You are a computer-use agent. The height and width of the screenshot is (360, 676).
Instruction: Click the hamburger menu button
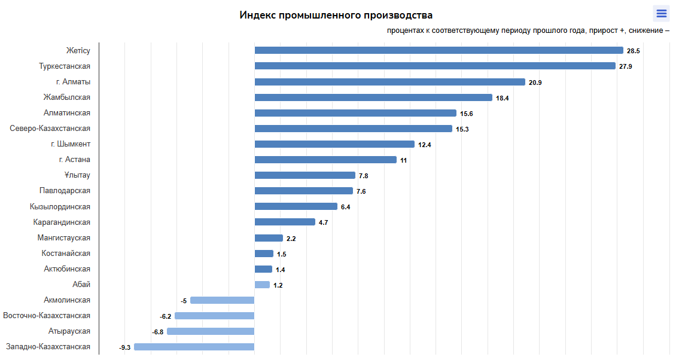pyautogui.click(x=661, y=14)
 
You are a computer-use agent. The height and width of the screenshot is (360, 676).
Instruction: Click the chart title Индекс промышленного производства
pyautogui.click(x=336, y=15)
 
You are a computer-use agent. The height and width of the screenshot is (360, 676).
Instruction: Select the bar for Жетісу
pyautogui.click(x=439, y=50)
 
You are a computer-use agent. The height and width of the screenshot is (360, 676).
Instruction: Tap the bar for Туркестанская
pyautogui.click(x=435, y=66)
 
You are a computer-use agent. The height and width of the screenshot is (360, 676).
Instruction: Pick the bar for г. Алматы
pyautogui.click(x=389, y=82)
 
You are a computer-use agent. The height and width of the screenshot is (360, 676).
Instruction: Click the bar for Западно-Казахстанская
pyautogui.click(x=194, y=347)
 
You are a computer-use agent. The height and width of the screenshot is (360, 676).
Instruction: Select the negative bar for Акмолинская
pyautogui.click(x=222, y=301)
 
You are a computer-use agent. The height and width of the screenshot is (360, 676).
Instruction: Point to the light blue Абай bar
pyautogui.click(x=262, y=285)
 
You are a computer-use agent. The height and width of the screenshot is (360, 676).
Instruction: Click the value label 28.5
pyautogui.click(x=634, y=51)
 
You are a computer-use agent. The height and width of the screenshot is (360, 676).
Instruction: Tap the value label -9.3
pyautogui.click(x=124, y=347)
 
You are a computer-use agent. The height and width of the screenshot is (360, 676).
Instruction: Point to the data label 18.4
pyautogui.click(x=503, y=98)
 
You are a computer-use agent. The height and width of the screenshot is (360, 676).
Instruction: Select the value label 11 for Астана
pyautogui.click(x=404, y=160)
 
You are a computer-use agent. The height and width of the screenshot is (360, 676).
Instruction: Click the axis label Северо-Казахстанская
pyautogui.click(x=50, y=129)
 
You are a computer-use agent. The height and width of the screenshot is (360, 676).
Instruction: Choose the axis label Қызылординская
pyautogui.click(x=60, y=207)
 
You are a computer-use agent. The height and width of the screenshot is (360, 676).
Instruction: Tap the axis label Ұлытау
pyautogui.click(x=77, y=175)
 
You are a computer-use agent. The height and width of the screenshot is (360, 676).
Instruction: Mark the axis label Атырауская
pyautogui.click(x=69, y=331)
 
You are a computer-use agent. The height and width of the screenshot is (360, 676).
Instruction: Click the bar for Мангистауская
pyautogui.click(x=269, y=238)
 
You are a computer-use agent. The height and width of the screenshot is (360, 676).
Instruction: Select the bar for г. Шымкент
pyautogui.click(x=334, y=144)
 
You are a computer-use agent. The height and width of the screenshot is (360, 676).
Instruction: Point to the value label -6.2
pyautogui.click(x=166, y=316)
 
